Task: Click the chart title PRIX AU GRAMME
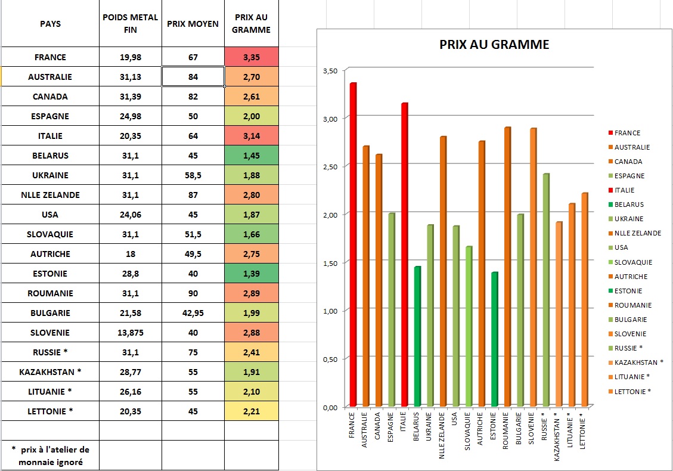494,44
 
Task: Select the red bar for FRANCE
353,244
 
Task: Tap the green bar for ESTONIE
494,340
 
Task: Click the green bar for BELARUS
417,337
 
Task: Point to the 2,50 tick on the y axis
329,166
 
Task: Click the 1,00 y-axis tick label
329,311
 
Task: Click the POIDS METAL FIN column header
131,23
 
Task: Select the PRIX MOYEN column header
193,24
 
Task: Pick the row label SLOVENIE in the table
50,333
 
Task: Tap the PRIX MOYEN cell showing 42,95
193,313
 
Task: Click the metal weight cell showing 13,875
131,333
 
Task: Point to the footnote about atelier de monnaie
50,455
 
